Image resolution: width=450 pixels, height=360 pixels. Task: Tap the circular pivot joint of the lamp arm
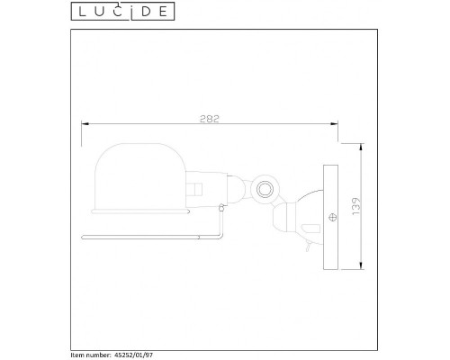coord(265,189)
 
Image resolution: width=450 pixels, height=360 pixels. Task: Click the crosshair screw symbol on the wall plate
coord(333,216)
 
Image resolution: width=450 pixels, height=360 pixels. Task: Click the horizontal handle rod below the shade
coord(153,237)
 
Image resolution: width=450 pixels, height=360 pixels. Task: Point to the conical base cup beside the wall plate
coord(301,216)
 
